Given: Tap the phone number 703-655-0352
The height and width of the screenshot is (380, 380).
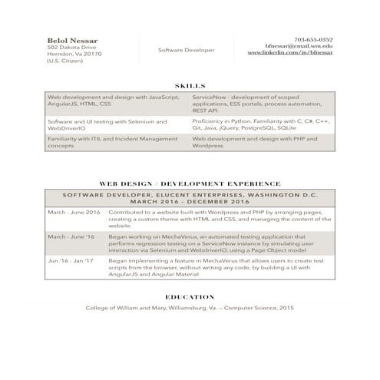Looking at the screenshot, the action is (313, 39).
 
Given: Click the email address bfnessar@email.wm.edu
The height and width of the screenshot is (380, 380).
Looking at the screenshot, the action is (299, 47).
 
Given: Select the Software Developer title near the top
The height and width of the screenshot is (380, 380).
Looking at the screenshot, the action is (186, 50).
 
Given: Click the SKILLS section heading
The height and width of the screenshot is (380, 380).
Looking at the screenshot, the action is (190, 88).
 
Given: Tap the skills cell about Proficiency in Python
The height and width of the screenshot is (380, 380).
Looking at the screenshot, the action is (260, 124).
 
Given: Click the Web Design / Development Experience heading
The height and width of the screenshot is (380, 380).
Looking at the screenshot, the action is (190, 184).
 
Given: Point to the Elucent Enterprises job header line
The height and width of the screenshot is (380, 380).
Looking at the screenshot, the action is (190, 196).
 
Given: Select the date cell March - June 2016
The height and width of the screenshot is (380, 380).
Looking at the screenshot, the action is (74, 211).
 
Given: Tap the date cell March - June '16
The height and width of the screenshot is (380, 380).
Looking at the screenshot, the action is (71, 237).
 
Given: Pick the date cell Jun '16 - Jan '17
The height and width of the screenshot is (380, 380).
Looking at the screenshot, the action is (71, 260).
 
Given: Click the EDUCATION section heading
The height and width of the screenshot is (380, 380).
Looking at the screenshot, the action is (190, 296).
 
